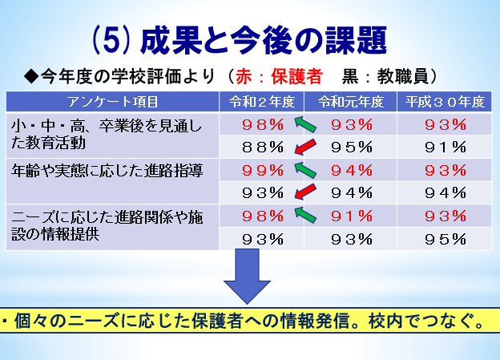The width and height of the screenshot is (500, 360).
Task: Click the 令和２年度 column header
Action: click(262, 102)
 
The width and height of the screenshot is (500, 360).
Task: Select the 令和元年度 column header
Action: click(351, 102)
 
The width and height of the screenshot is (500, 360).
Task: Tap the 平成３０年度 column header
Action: click(445, 102)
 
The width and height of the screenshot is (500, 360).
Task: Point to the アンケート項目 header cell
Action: click(112, 102)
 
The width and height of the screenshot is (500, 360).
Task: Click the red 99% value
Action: click(263, 170)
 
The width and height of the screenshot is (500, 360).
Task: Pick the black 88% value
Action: click(263, 148)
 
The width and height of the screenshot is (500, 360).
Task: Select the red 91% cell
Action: click(352, 216)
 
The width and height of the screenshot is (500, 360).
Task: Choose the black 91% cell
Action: click(446, 148)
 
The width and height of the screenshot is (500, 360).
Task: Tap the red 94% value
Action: click(352, 170)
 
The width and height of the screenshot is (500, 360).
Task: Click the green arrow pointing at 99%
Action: click(305, 170)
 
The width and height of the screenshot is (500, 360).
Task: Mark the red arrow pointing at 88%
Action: click(305, 148)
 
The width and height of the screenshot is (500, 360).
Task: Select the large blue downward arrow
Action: click(247, 277)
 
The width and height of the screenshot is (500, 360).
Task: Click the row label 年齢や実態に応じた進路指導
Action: click(107, 171)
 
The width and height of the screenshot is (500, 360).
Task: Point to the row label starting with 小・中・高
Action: click(107, 135)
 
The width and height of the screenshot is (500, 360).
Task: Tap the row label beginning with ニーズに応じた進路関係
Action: click(107, 225)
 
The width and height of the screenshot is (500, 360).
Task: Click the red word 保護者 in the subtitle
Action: click(296, 77)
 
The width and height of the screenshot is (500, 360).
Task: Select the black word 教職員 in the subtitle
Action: click(403, 77)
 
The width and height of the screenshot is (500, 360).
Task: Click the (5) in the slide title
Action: click(111, 41)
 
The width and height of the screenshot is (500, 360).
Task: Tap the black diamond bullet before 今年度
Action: click(31, 77)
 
